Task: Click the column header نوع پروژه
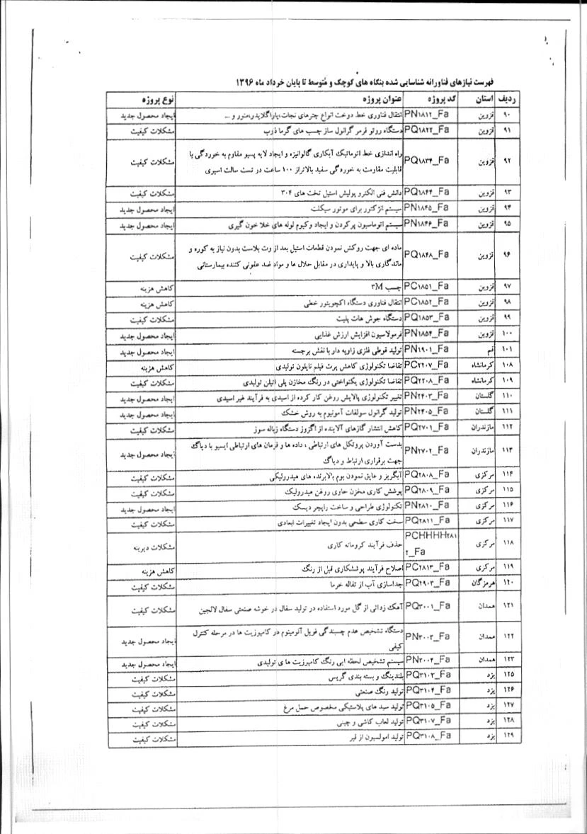click(149, 98)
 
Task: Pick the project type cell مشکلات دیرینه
click(149, 547)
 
